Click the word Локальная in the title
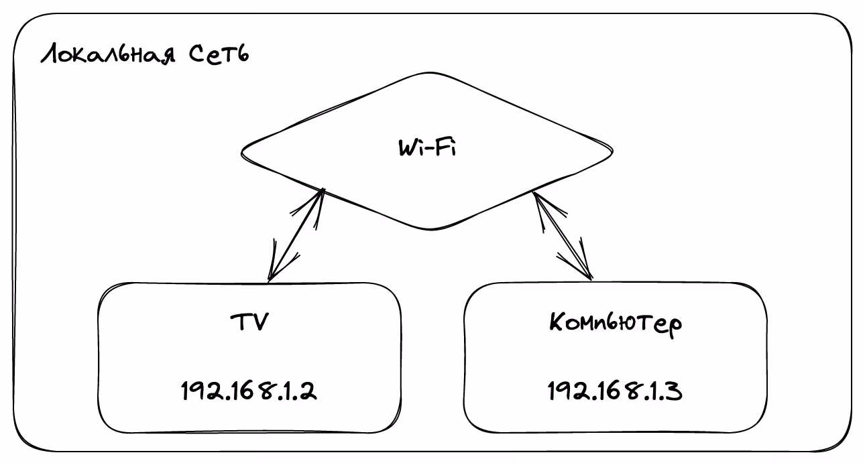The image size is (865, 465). click(x=108, y=54)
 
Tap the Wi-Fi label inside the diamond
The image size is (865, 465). click(x=426, y=147)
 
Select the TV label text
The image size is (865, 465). click(x=249, y=322)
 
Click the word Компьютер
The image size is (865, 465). click(x=616, y=324)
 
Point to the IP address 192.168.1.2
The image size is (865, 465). click(x=249, y=391)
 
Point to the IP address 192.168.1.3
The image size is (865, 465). click(x=615, y=391)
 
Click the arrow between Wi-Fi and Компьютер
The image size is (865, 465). click(x=562, y=235)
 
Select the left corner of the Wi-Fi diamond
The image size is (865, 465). click(x=243, y=153)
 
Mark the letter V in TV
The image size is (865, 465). click(x=260, y=322)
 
